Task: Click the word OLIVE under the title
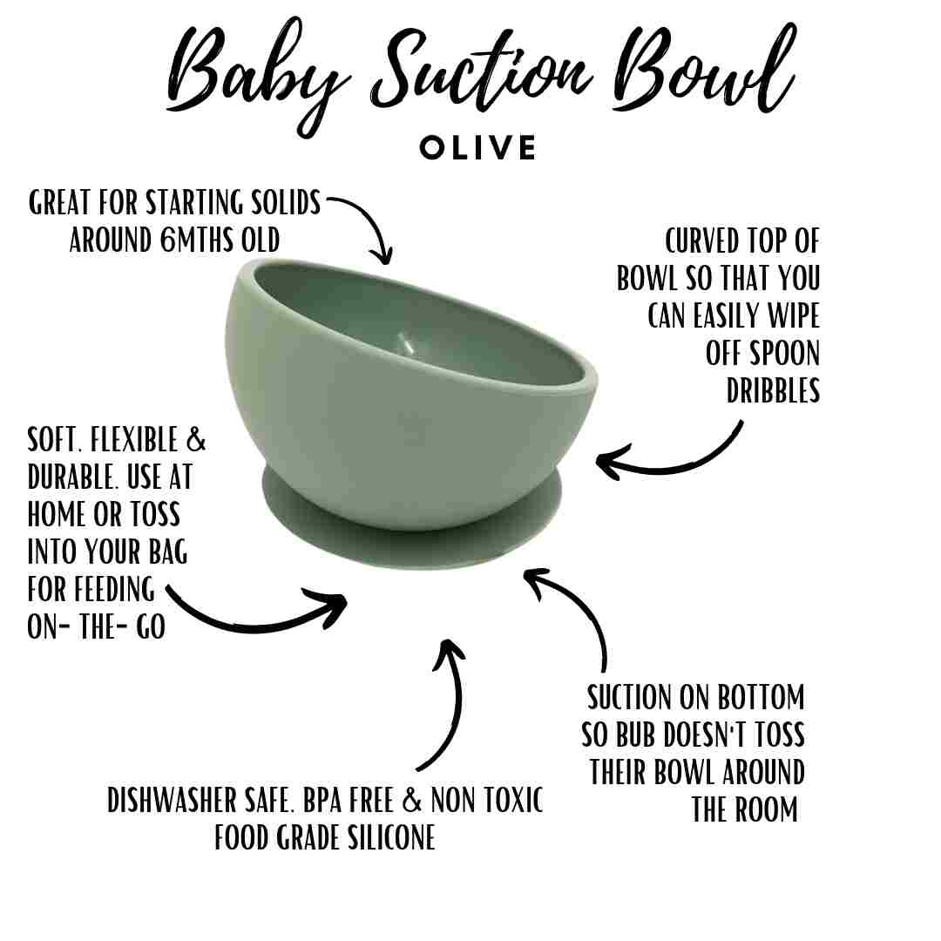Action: tap(477, 147)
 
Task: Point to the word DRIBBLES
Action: tap(773, 391)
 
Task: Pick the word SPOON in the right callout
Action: tap(762, 353)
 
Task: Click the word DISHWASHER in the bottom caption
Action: tap(179, 800)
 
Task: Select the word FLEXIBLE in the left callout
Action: tap(128, 440)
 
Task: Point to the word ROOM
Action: tap(769, 809)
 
